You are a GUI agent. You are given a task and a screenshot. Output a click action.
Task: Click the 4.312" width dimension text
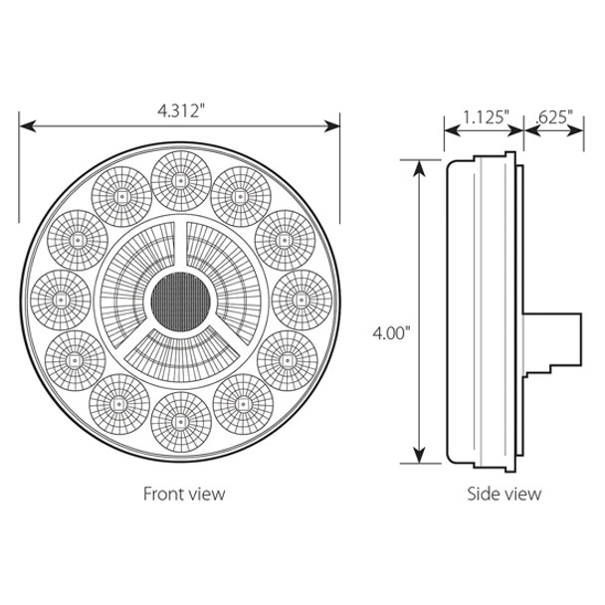click(180, 111)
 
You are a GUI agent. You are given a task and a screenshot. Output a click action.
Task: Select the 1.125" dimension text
click(486, 116)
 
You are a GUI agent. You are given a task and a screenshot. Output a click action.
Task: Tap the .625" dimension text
click(553, 116)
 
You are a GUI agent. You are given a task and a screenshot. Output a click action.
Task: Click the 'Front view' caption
click(184, 493)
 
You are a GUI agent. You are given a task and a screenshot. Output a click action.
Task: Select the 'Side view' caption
click(504, 493)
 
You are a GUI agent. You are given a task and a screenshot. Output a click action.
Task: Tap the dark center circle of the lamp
click(180, 296)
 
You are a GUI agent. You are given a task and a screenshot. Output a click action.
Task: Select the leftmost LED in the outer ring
click(60, 297)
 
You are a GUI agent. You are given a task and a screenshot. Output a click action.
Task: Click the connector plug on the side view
click(555, 338)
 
